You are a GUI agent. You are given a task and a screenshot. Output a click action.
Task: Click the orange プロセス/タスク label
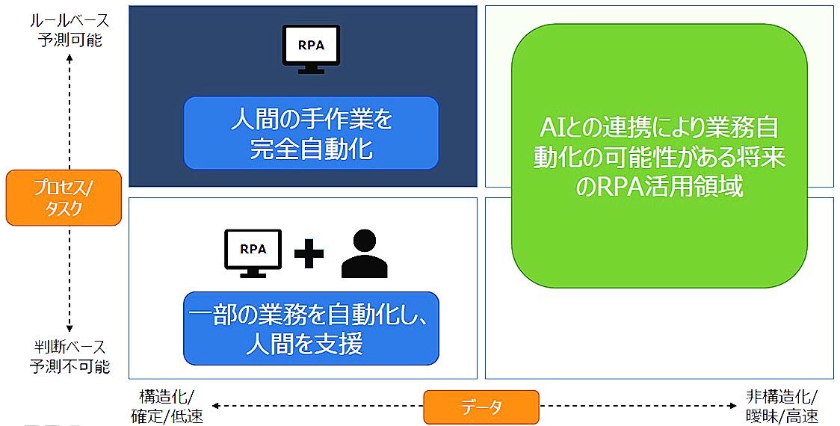(64, 197)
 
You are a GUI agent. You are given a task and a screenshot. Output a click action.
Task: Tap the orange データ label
(481, 407)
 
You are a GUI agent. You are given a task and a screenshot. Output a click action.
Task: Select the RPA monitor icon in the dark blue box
(312, 47)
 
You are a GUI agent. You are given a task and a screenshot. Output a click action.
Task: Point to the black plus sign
(308, 253)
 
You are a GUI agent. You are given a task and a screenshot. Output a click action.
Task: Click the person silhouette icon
(364, 254)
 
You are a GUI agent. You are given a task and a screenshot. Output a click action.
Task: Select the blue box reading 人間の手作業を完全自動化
(311, 133)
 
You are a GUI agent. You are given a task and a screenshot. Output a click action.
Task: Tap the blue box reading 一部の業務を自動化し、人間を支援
(311, 328)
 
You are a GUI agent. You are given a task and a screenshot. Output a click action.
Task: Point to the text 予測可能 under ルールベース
(70, 39)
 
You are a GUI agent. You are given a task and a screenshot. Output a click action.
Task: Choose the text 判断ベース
(70, 348)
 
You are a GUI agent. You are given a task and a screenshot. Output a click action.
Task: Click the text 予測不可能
(70, 366)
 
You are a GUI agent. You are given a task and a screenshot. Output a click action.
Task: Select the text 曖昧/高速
(782, 416)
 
